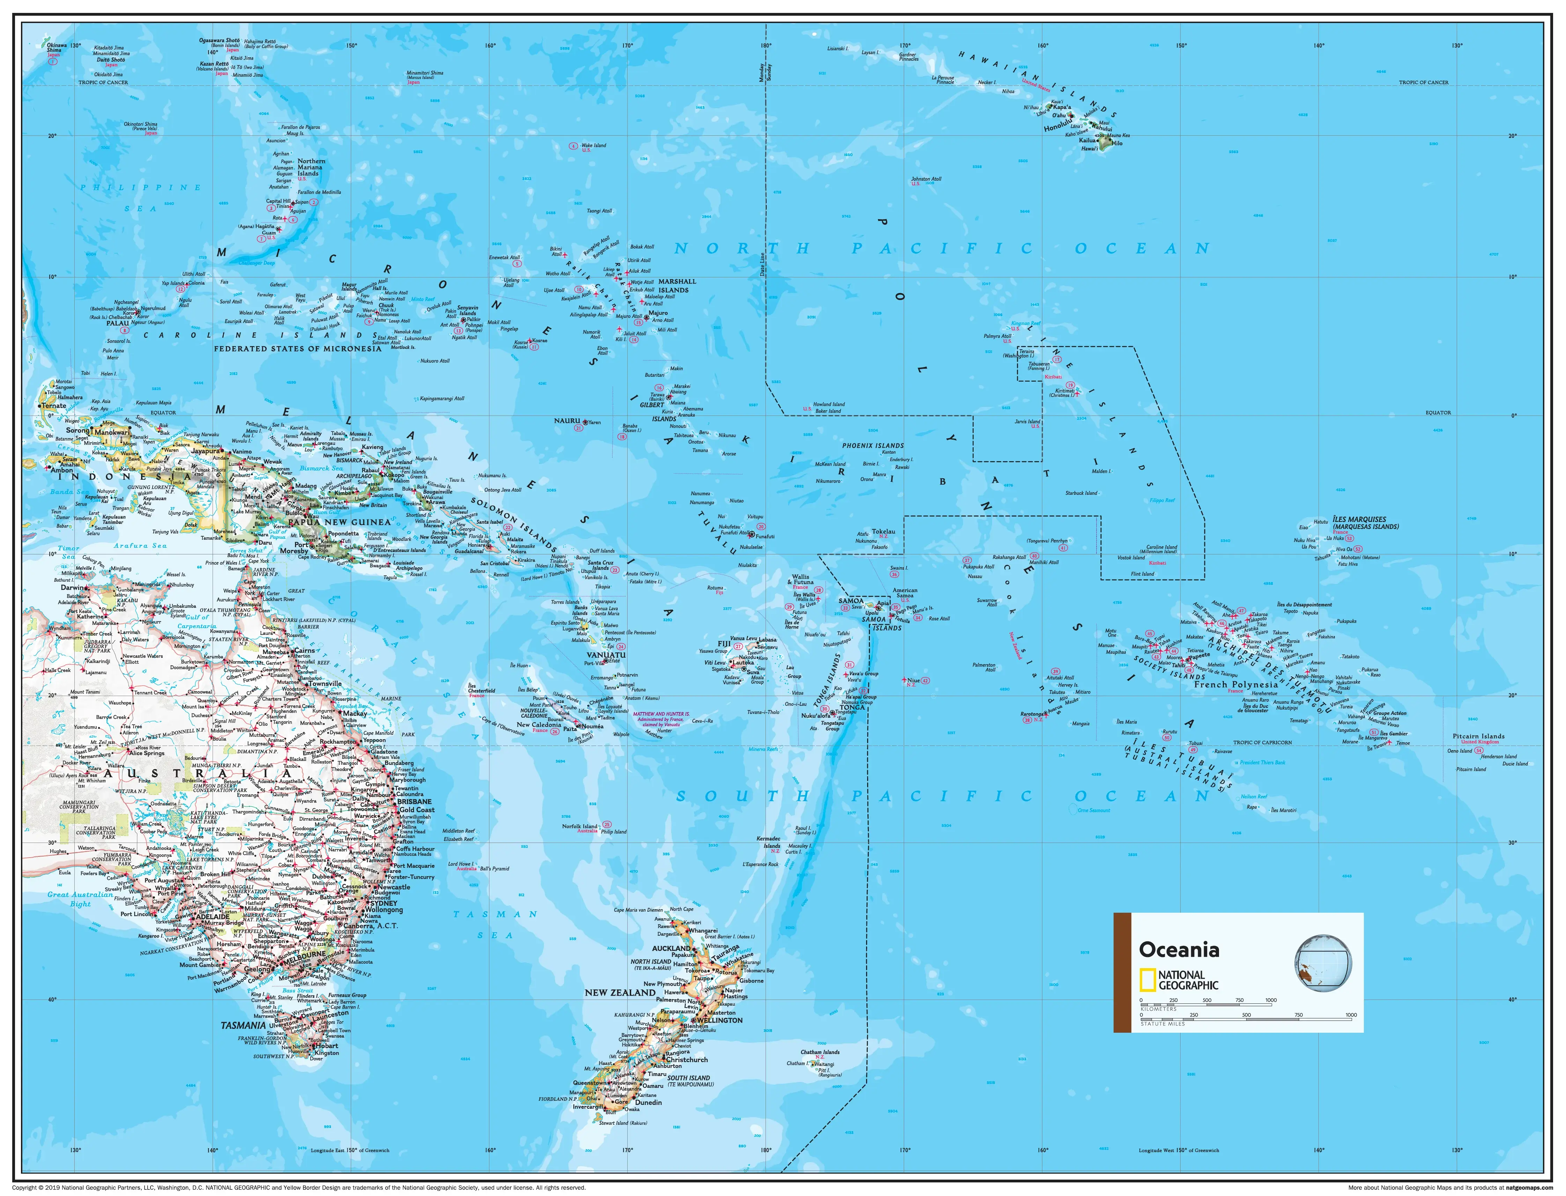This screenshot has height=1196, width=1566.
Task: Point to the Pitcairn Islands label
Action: click(x=1478, y=736)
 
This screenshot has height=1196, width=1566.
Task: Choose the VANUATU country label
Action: click(x=606, y=654)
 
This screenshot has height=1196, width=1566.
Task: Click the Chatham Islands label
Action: click(x=820, y=1052)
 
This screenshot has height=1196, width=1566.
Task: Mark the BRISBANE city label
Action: click(x=414, y=802)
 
